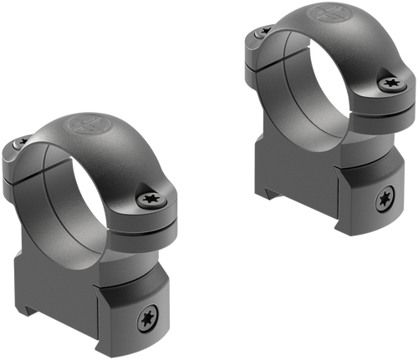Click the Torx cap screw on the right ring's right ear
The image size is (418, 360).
(390, 84)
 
